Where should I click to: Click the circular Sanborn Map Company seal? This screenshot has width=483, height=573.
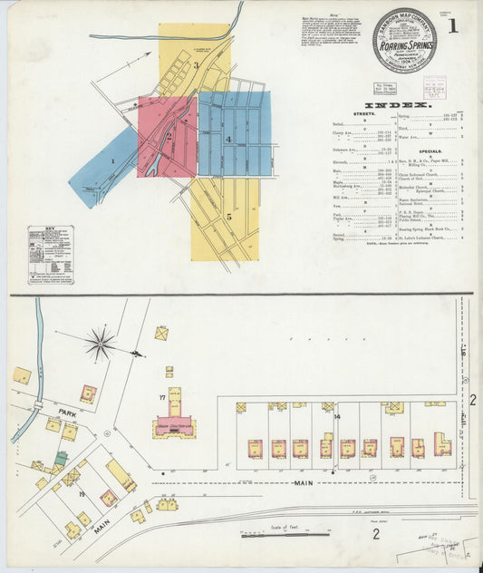tap(403, 40)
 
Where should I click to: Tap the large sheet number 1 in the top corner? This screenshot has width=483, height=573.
tap(452, 25)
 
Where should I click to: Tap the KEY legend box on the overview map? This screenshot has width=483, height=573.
tap(51, 255)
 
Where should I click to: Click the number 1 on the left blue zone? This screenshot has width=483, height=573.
tap(113, 162)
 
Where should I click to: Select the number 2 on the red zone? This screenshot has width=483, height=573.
tap(168, 137)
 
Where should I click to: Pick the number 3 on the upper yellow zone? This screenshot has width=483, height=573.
tap(196, 65)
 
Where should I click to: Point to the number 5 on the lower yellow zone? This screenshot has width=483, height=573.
tap(229, 217)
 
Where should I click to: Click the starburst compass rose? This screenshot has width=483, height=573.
tap(101, 344)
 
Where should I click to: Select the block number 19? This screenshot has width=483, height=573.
tap(82, 494)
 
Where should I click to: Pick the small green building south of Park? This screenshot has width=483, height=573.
tap(60, 459)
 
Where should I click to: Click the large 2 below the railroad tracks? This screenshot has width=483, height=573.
tap(375, 533)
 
